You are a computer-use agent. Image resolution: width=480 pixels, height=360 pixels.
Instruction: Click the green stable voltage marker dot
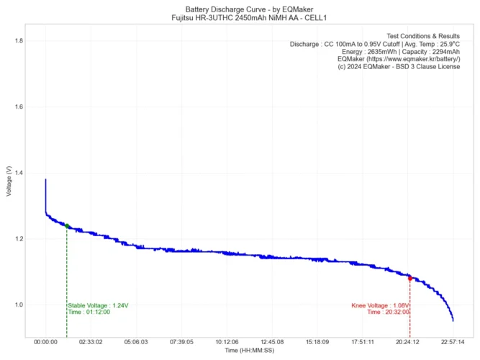coord(67,226)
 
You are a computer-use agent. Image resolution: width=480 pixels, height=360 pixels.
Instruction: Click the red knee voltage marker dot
coord(409,278)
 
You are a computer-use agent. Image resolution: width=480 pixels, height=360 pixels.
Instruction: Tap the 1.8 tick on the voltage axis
coord(18,41)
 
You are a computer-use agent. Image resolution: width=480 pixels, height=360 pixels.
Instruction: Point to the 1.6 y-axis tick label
coord(18,107)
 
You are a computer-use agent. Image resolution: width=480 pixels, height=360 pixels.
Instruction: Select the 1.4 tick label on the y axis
coord(18,173)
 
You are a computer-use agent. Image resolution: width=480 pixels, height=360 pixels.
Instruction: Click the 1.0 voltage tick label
coord(18,305)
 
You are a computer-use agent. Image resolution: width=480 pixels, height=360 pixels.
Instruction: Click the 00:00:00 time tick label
coord(45,343)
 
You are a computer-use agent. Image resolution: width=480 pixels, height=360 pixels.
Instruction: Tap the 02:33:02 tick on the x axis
coord(91,343)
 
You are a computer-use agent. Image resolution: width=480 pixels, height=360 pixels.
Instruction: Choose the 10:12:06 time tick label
coord(227,343)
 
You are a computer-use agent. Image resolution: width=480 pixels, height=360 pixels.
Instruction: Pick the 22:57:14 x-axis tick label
coord(453,343)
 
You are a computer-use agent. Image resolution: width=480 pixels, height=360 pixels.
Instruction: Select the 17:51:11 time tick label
coord(362,343)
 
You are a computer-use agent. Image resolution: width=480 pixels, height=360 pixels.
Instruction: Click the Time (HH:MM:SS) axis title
coord(249,351)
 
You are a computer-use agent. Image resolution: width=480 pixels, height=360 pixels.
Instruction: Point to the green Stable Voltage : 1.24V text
coord(99,305)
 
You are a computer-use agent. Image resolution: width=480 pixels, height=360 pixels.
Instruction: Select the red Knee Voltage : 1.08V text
coord(380,305)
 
